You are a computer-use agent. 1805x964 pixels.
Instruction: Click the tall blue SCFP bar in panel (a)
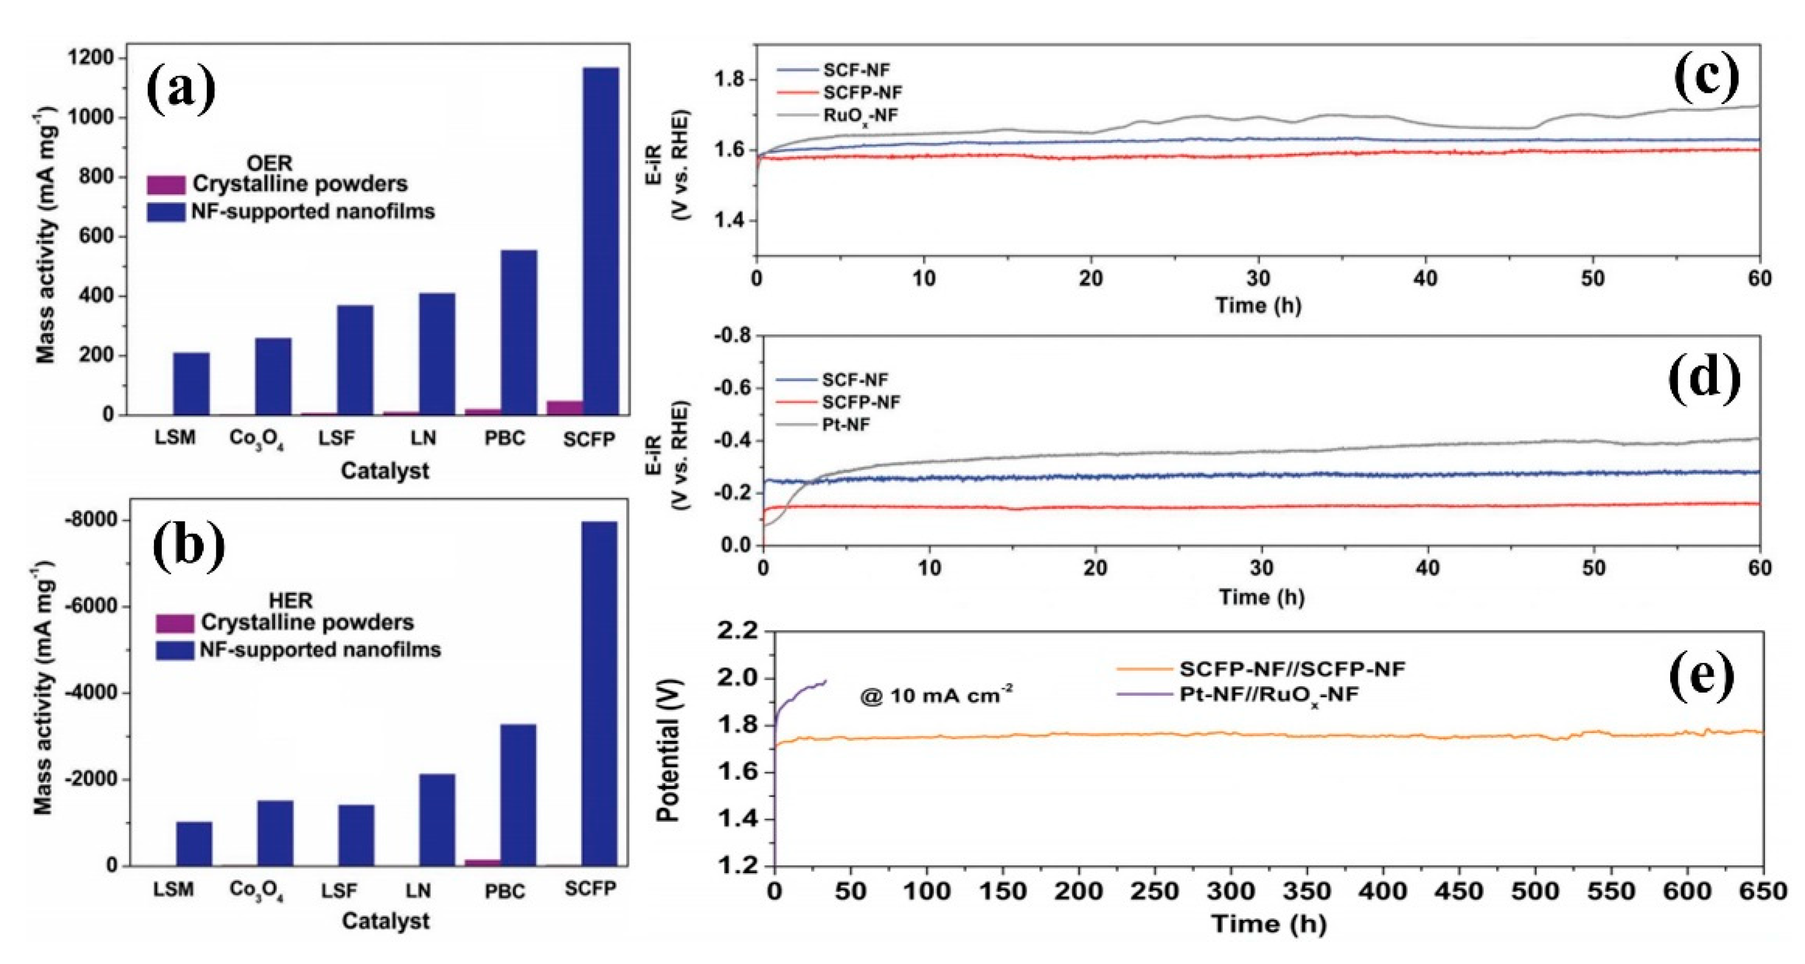tap(601, 238)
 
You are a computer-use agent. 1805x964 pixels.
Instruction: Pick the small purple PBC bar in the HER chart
tap(483, 862)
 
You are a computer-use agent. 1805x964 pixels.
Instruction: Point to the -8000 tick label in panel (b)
tap(88, 520)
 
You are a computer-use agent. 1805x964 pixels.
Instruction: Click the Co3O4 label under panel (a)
tap(256, 439)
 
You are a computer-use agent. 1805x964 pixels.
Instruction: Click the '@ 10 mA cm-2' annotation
tap(936, 695)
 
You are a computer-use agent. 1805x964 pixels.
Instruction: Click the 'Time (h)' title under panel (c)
tap(1258, 306)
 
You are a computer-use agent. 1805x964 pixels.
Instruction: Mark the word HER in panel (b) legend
tap(290, 600)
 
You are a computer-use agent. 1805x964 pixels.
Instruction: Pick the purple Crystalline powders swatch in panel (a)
tap(166, 184)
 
